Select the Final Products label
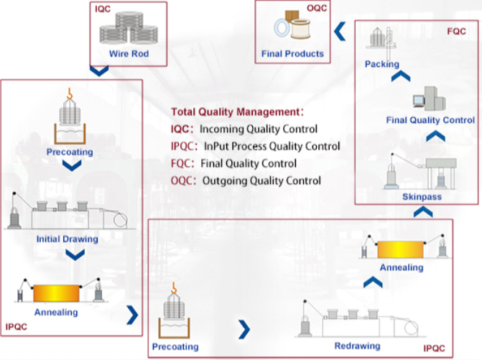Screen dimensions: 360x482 click(293, 53)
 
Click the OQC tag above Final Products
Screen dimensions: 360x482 click(316, 7)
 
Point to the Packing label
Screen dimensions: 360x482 click(381, 64)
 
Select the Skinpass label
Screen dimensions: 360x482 click(422, 196)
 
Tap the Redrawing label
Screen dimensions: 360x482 click(357, 346)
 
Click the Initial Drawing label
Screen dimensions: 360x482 click(67, 238)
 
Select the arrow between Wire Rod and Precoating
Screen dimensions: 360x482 click(99, 71)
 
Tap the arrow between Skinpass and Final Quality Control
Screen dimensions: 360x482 click(431, 136)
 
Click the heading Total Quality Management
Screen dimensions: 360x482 click(235, 112)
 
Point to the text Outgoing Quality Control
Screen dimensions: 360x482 click(261, 180)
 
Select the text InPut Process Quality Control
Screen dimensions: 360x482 click(272, 147)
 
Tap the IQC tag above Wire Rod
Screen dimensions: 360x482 click(103, 7)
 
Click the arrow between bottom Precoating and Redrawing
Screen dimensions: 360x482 click(244, 329)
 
